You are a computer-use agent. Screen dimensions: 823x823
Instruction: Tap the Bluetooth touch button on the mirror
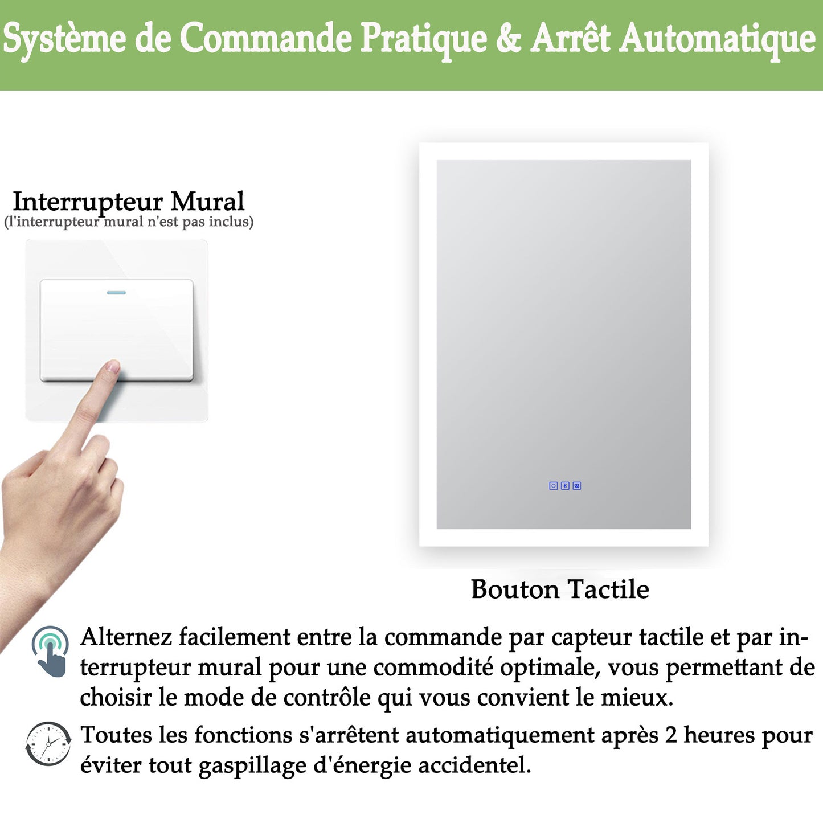click(x=565, y=486)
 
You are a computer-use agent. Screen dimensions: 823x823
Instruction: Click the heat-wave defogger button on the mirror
click(x=577, y=486)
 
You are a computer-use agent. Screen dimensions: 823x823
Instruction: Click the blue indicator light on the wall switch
click(x=116, y=293)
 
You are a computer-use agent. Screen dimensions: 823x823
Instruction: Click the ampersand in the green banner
click(x=508, y=39)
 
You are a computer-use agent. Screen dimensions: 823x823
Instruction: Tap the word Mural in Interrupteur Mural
click(x=207, y=202)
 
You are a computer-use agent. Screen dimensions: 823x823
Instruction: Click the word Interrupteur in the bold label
click(x=88, y=203)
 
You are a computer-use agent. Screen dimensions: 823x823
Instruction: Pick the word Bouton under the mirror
click(x=515, y=589)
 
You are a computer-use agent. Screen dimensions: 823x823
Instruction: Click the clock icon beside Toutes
click(x=48, y=744)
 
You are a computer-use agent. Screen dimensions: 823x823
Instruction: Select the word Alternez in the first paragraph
click(x=126, y=637)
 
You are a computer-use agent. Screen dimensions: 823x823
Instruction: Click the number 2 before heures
click(x=671, y=735)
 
